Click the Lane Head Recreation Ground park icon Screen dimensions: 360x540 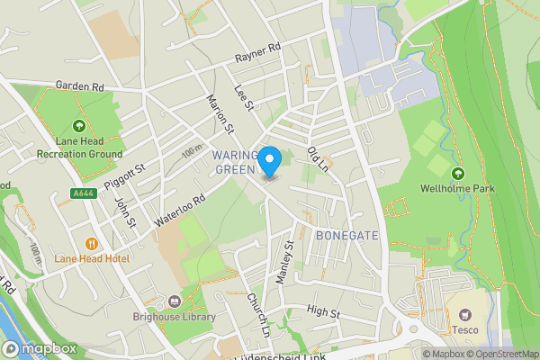[x=79, y=126]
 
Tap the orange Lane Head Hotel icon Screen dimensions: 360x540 [x=91, y=244]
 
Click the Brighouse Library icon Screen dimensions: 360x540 [x=175, y=300]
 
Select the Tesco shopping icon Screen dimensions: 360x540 [x=464, y=315]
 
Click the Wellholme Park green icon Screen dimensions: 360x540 [x=458, y=174]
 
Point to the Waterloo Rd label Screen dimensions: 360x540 [x=181, y=210]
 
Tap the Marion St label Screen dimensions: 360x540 [x=220, y=114]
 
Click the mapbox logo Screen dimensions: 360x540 [x=40, y=348]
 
